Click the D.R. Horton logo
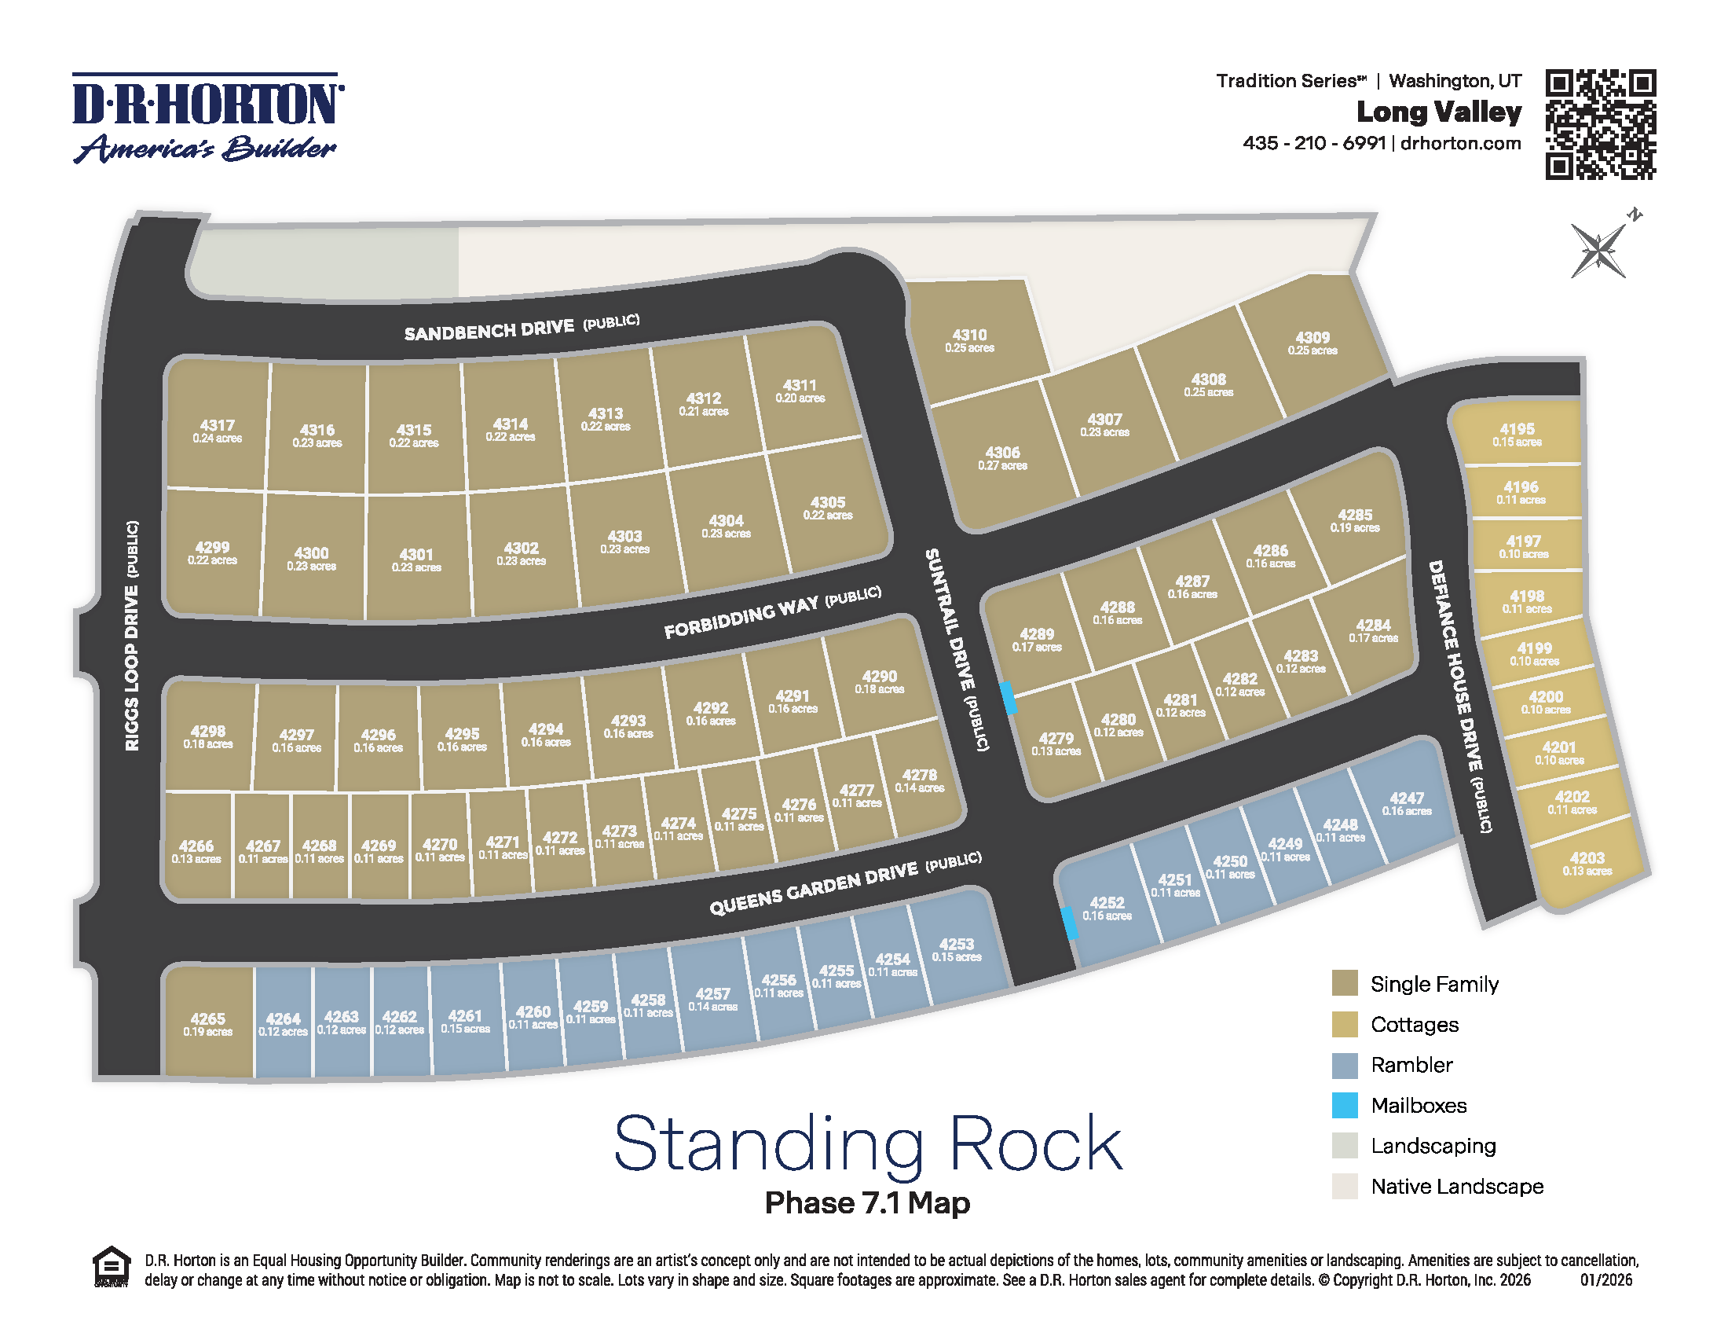point(207,118)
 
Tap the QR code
point(1600,124)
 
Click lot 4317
point(217,430)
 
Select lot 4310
point(969,340)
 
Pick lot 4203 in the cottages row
point(1587,863)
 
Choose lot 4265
point(207,1023)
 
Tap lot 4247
point(1406,802)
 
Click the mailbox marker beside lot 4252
point(1069,923)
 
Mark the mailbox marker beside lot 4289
point(1008,698)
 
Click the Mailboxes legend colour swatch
point(1344,1105)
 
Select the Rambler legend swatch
point(1344,1065)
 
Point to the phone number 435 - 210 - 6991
point(1313,143)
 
